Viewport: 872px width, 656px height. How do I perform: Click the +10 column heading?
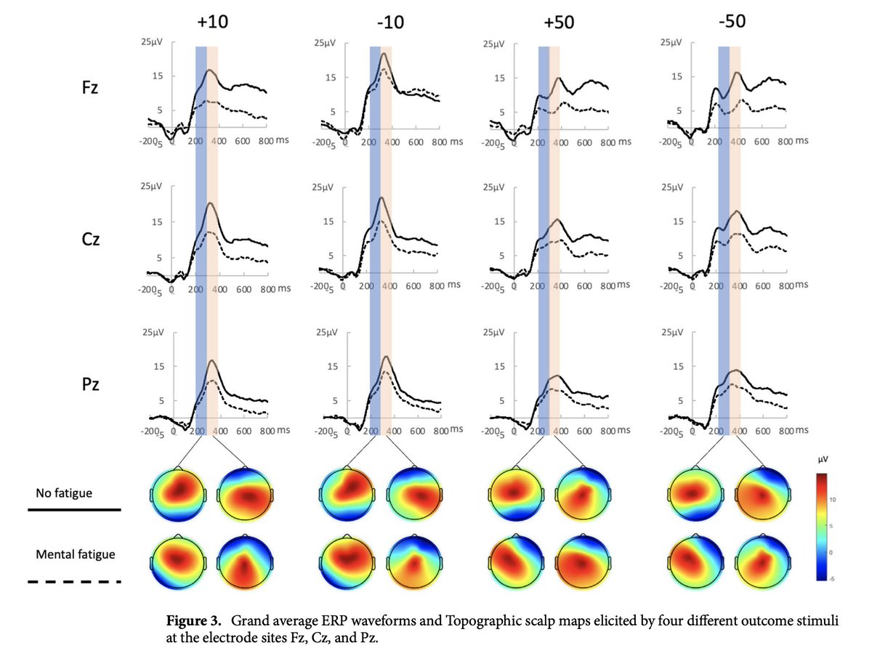212,22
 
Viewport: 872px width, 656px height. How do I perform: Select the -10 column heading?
390,23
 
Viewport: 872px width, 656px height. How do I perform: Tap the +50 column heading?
559,23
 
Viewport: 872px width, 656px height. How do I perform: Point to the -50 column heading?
732,21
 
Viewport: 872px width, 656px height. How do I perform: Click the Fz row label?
90,87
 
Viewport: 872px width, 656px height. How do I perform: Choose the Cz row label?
90,239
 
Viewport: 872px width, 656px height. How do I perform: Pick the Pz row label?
90,384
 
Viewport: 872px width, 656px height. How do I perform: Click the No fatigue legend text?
64,493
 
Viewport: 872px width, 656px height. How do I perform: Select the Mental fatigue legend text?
76,554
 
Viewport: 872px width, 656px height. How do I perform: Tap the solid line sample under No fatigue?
74,509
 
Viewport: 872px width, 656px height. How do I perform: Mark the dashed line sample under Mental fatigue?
74,582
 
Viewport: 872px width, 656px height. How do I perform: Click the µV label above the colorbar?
823,459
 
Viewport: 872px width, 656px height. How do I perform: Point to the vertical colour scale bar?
822,527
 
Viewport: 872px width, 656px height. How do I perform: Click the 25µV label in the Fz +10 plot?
151,41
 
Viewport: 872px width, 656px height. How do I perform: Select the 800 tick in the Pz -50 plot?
786,431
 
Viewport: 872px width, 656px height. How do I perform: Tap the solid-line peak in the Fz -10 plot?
384,53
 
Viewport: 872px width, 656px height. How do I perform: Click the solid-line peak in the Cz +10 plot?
210,203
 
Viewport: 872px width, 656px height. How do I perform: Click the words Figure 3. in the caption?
193,620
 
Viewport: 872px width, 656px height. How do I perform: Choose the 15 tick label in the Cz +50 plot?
499,222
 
